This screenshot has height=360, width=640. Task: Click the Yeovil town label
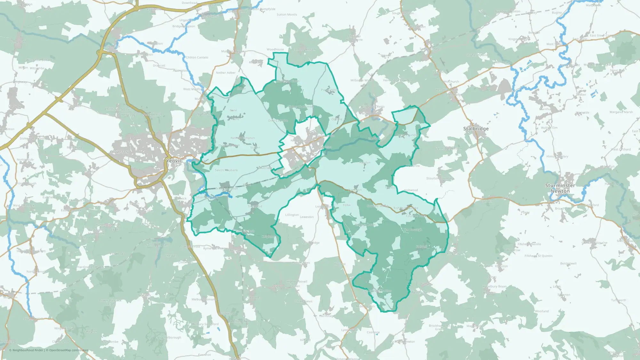pos(173,161)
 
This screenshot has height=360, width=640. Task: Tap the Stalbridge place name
pos(476,129)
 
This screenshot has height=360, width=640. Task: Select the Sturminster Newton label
pos(560,188)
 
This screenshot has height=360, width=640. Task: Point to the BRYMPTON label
pos(119,152)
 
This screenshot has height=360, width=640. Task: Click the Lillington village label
pos(292,215)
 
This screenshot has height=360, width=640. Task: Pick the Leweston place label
pos(307,217)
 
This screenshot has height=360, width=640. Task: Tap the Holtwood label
pos(411,190)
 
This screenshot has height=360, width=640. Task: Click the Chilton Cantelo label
pos(197,58)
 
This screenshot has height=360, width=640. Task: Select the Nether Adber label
pos(226,73)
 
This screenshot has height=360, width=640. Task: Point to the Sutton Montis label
pos(287,15)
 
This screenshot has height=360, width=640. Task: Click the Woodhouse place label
pos(275,50)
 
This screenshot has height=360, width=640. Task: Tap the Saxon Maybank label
pos(226,170)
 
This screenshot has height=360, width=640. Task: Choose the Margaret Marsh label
pos(621,112)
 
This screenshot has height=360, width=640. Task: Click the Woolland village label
pos(541,311)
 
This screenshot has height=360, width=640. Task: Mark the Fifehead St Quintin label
pos(538,256)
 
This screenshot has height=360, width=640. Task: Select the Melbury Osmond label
pos(204,300)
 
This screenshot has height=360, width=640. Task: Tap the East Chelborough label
pos(168,338)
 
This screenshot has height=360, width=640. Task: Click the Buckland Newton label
pos(402,342)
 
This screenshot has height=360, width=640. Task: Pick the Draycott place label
pos(159,66)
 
